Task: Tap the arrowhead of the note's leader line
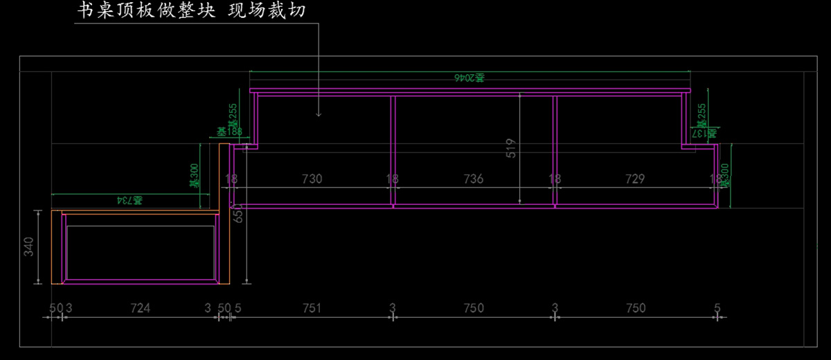[319, 113]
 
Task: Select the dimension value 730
[312, 179]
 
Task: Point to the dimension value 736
[473, 179]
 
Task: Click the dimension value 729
[634, 179]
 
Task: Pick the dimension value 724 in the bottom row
[141, 308]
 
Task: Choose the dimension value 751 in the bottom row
[312, 308]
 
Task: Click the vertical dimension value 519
[512, 149]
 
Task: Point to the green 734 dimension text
[129, 200]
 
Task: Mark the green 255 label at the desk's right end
[702, 114]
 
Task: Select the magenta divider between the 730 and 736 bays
[393, 151]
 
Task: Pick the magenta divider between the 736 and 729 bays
[555, 151]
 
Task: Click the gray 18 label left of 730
[231, 179]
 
